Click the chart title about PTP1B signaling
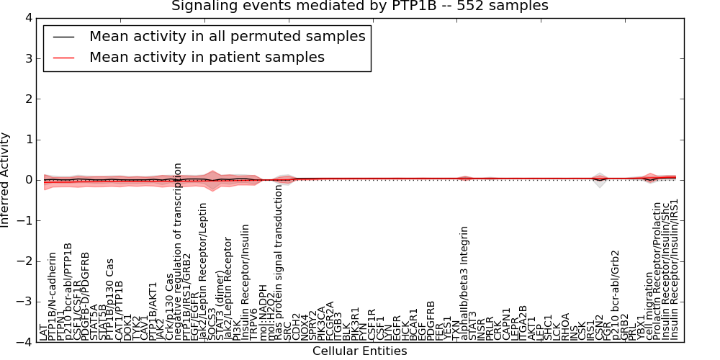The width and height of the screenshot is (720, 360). click(x=359, y=6)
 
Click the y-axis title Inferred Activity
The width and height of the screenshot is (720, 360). click(x=6, y=180)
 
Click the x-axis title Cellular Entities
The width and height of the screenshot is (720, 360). click(x=359, y=351)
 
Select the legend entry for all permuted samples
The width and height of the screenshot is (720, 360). click(x=227, y=36)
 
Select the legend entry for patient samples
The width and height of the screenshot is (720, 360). click(x=207, y=57)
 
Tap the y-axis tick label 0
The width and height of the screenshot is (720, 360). click(x=27, y=180)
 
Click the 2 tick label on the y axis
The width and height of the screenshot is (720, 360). click(x=27, y=99)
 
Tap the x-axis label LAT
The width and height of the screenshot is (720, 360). click(x=44, y=332)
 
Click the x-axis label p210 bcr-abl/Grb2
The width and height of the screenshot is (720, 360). click(x=616, y=295)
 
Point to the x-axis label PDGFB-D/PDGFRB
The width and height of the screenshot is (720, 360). click(x=86, y=296)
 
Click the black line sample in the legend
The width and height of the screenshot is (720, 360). click(x=63, y=36)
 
